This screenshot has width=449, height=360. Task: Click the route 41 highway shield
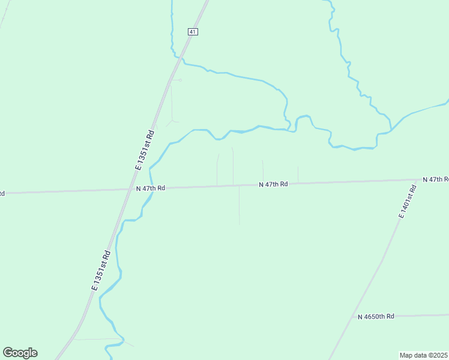[x=192, y=32]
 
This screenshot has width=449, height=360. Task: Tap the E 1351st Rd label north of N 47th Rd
[x=145, y=150]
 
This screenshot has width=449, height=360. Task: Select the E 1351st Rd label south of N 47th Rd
[x=101, y=271]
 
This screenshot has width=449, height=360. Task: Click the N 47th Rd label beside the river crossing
[x=151, y=188]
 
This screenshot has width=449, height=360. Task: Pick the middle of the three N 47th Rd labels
[x=274, y=184]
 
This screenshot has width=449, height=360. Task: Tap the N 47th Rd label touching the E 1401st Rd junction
[x=436, y=179]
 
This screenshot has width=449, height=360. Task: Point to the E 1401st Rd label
[x=406, y=202]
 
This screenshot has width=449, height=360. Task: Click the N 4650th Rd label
[x=376, y=316]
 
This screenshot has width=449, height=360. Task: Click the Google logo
[x=20, y=353]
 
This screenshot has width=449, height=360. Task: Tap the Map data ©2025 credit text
[x=424, y=355]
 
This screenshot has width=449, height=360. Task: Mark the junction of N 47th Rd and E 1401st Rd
[x=418, y=179]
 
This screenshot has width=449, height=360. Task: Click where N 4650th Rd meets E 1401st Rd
[x=350, y=316]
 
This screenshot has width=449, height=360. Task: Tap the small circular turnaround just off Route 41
[x=180, y=80]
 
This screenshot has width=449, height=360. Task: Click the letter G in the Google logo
[x=8, y=353]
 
